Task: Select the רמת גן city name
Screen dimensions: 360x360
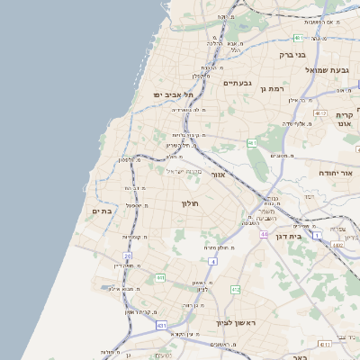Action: tap(272, 89)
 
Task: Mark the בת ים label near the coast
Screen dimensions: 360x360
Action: tap(101, 211)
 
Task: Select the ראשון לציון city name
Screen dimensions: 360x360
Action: tap(237, 322)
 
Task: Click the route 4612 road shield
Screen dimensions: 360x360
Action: tap(321, 113)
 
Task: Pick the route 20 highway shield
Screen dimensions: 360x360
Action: tap(128, 256)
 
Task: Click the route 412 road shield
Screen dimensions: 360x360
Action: tap(236, 289)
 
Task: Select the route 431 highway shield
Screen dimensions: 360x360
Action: tap(161, 324)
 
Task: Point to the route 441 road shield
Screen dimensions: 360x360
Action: tap(159, 278)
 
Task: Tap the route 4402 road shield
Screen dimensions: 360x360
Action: tap(337, 244)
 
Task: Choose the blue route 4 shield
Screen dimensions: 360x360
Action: tap(213, 261)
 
